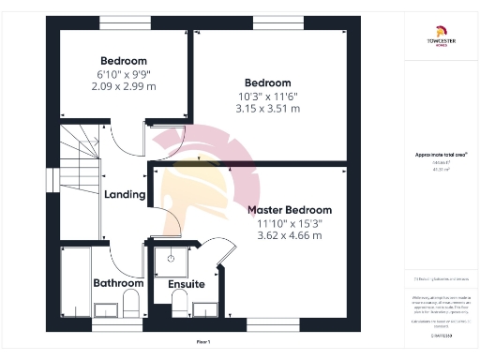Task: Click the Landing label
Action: tap(125, 195)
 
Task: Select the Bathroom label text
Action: tap(118, 282)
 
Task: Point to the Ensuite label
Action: tap(186, 283)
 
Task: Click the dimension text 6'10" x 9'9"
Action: tap(124, 74)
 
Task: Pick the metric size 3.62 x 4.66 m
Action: tap(290, 235)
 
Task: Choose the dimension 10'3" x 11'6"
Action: tap(267, 96)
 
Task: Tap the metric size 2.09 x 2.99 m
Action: tap(124, 86)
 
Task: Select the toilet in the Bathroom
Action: tap(130, 302)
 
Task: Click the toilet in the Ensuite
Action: tap(179, 301)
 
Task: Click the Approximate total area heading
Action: tap(441, 156)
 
